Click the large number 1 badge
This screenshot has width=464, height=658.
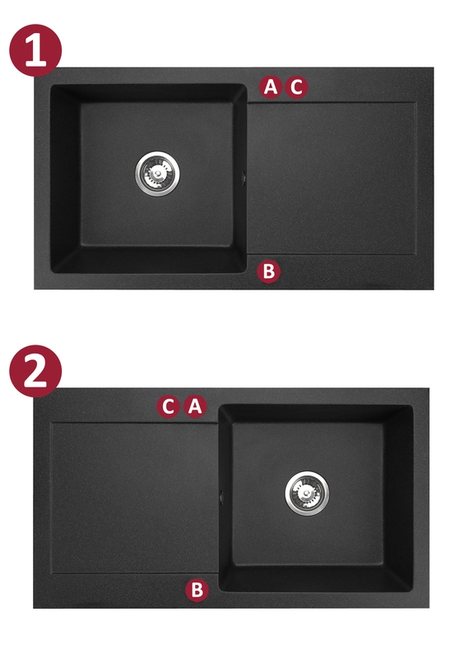click(35, 50)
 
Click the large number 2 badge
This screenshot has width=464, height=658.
click(35, 371)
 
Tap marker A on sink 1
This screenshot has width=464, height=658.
click(271, 87)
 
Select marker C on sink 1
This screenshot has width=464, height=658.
click(296, 87)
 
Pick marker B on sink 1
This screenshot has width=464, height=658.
click(268, 271)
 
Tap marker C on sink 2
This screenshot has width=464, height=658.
click(168, 406)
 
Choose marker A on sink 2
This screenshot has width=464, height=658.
click(195, 406)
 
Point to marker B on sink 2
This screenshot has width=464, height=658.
click(197, 590)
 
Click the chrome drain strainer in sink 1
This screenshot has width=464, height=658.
click(157, 173)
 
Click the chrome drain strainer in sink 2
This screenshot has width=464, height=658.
click(307, 493)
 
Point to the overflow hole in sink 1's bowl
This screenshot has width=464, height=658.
click(244, 178)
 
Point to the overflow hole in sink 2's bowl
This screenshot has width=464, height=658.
click(221, 497)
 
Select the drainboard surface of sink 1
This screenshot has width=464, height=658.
click(332, 178)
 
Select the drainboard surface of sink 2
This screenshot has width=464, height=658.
click(134, 498)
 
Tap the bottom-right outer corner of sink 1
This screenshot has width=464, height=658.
click(434, 290)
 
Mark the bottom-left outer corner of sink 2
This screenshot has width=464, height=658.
click(34, 608)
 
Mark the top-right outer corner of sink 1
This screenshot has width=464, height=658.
click(434, 67)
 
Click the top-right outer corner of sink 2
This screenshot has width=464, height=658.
click(429, 388)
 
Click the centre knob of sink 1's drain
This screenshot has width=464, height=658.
click(157, 173)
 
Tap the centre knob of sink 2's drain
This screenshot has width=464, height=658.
click(307, 493)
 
